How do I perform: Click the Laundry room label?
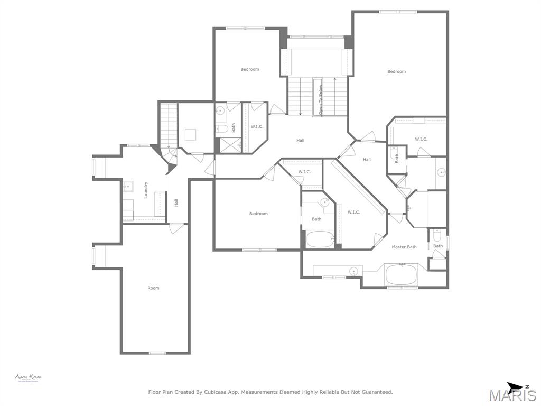(146, 190)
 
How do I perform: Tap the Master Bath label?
(404, 247)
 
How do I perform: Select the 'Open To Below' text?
(320, 100)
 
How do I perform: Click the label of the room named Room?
(153, 288)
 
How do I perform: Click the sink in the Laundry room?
(127, 186)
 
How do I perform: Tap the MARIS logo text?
(512, 395)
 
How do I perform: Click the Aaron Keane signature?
(28, 377)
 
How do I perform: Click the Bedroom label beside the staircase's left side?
(250, 69)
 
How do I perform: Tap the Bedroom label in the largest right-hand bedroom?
(396, 72)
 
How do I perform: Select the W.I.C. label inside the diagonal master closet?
(353, 212)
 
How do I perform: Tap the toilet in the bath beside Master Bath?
(436, 236)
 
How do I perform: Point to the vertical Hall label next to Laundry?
(176, 202)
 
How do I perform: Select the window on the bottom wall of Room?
(157, 353)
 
